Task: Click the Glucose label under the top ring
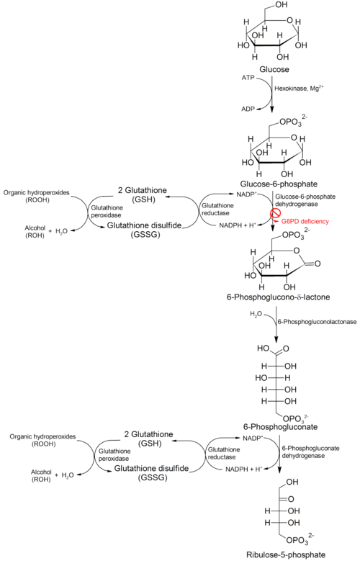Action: (x=274, y=69)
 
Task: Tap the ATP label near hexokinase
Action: (x=248, y=78)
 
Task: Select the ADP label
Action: (x=248, y=109)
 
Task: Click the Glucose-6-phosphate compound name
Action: (x=279, y=184)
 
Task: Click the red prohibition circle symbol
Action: (x=276, y=214)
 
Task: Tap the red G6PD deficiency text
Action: (x=305, y=221)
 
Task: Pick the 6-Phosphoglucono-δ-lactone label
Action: (x=278, y=297)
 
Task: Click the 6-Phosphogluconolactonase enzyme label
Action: (x=317, y=322)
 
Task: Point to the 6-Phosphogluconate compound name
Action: (x=280, y=427)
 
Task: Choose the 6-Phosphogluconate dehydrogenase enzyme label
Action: (x=310, y=452)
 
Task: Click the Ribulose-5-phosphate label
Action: (x=286, y=554)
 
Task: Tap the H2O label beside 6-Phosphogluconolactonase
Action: (x=256, y=315)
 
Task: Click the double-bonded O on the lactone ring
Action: (x=318, y=264)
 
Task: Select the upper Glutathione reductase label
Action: (x=217, y=209)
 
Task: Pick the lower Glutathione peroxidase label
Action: (x=114, y=455)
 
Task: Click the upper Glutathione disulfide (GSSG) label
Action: (x=144, y=230)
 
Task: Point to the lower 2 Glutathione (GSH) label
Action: (x=149, y=439)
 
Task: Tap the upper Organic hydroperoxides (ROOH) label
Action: (x=37, y=197)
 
